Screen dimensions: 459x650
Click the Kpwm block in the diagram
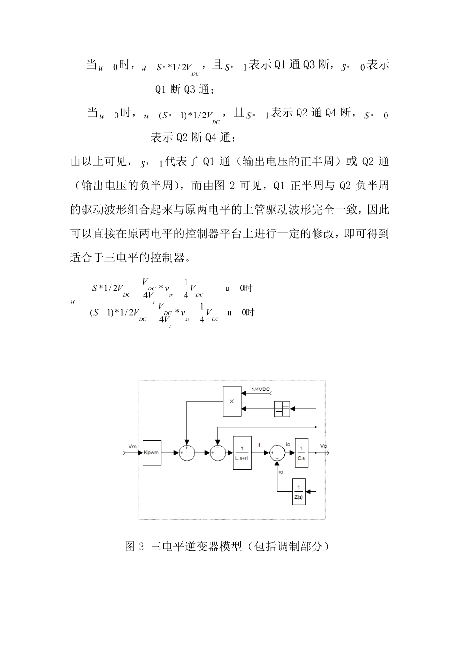pyautogui.click(x=152, y=452)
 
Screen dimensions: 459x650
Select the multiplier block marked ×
pyautogui.click(x=231, y=401)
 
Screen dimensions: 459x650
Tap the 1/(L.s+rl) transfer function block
pyautogui.click(x=242, y=452)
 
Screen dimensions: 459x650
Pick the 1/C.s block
pyautogui.click(x=301, y=452)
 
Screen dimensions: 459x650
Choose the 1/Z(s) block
pyautogui.click(x=299, y=491)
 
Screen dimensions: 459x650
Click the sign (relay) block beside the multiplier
pyautogui.click(x=282, y=409)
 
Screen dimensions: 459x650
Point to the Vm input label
pyautogui.click(x=133, y=445)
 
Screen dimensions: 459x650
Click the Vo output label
pyautogui.click(x=323, y=445)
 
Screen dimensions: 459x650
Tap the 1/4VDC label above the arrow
pyautogui.click(x=261, y=389)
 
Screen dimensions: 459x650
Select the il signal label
pyautogui.click(x=259, y=445)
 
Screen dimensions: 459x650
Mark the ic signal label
pyautogui.click(x=288, y=444)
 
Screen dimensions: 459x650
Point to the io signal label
pyautogui.click(x=281, y=471)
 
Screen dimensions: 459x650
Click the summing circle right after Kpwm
pyautogui.click(x=186, y=453)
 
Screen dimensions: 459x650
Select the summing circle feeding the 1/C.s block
pyautogui.click(x=277, y=453)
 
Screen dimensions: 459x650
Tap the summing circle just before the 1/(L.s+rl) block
pyautogui.click(x=217, y=453)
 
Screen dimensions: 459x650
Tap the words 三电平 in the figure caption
pyautogui.click(x=167, y=547)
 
